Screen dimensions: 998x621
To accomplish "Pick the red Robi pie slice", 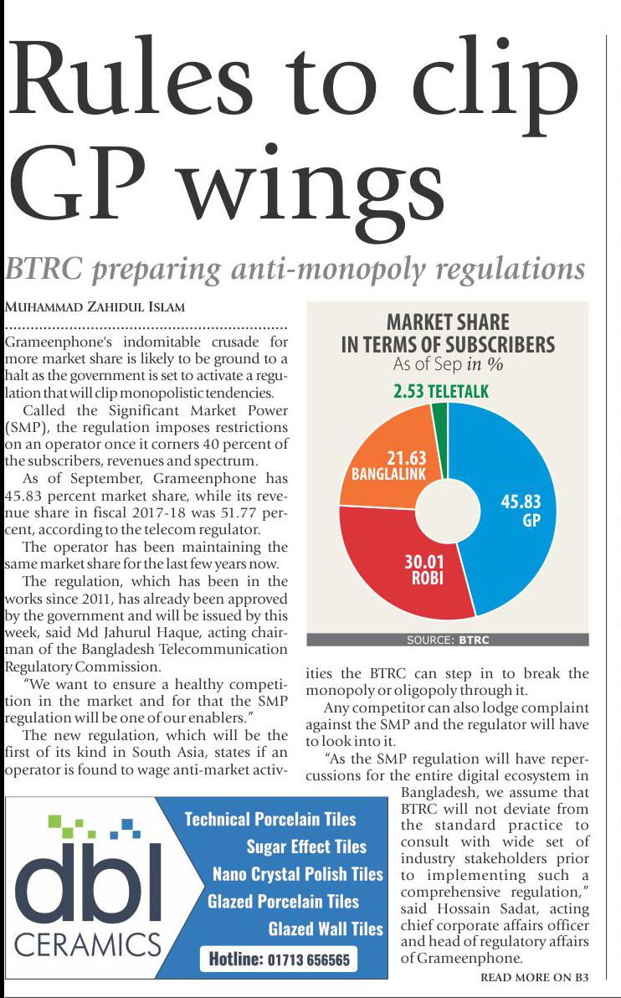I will coord(393,569).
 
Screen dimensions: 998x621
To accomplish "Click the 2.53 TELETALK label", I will coord(440,391).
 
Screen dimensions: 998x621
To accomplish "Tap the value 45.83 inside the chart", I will coord(521,502).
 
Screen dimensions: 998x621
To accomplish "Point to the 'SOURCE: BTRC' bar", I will coord(448,640).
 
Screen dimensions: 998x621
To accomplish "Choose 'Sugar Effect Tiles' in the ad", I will coord(306,846).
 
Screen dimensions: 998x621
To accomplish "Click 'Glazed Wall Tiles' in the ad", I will coord(326,929).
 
